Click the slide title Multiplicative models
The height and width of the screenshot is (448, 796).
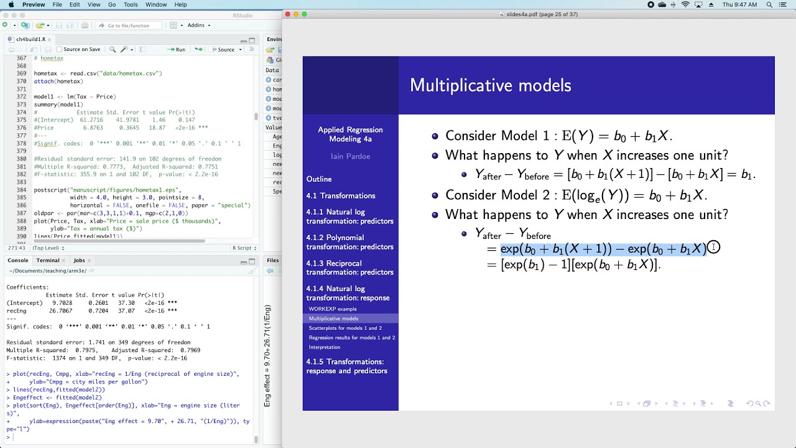click(x=490, y=85)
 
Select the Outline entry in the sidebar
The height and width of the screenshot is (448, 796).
click(x=319, y=179)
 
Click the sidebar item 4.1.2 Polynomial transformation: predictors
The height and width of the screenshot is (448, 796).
click(x=349, y=242)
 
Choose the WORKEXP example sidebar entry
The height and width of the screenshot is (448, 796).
click(x=333, y=309)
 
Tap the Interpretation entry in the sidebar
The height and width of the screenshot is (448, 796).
click(x=325, y=347)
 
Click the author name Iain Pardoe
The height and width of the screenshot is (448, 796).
click(x=350, y=156)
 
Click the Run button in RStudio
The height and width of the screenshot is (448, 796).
click(x=177, y=50)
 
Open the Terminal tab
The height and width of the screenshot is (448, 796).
click(x=48, y=261)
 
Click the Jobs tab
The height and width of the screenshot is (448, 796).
click(x=79, y=261)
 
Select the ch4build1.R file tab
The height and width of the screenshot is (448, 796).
click(x=30, y=39)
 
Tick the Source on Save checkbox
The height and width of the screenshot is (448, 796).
click(x=60, y=50)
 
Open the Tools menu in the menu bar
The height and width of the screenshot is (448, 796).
click(x=131, y=4)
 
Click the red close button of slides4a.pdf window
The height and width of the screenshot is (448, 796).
click(x=288, y=14)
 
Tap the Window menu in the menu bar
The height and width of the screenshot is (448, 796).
click(x=156, y=4)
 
